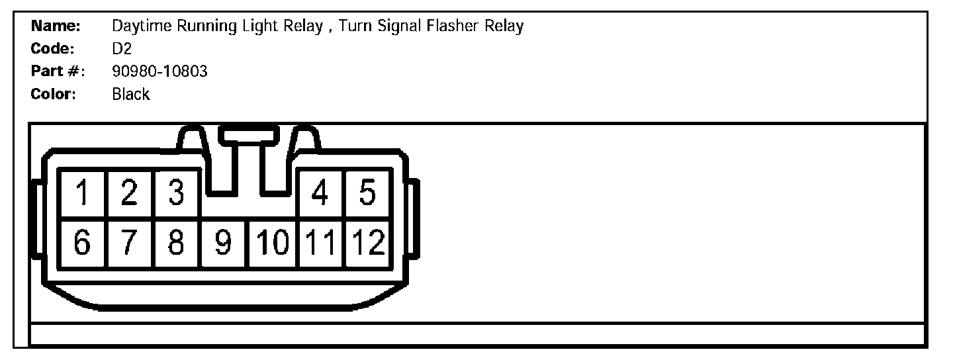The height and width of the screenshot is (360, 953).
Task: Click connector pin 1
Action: (82, 194)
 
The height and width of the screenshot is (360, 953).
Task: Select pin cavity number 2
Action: (129, 194)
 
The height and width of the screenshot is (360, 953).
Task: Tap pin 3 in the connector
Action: (176, 194)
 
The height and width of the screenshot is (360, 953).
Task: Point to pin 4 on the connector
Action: (321, 194)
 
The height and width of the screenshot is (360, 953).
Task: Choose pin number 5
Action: (367, 194)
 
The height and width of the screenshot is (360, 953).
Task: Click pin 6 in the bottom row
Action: (82, 244)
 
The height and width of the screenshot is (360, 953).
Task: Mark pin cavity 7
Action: (129, 244)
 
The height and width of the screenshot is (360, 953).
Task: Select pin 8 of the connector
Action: (176, 244)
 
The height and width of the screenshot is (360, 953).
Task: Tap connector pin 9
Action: (224, 244)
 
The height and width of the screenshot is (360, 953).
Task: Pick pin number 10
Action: (273, 244)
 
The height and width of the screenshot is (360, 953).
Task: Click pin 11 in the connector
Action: (321, 244)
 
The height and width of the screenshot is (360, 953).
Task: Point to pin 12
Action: (367, 244)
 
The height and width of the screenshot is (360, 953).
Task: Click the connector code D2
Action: (122, 49)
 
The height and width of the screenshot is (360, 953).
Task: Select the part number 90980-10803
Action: (159, 71)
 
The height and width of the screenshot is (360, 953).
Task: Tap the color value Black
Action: (131, 94)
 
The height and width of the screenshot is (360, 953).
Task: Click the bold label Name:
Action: (56, 26)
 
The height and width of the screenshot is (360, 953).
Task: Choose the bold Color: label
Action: (54, 94)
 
